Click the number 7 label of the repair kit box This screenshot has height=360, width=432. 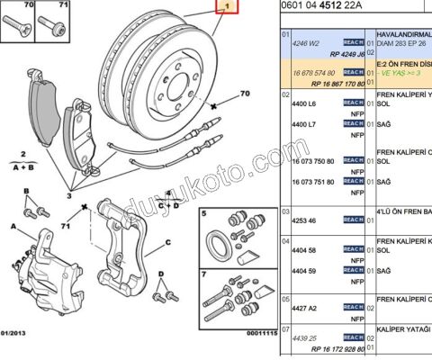tap(205, 273)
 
